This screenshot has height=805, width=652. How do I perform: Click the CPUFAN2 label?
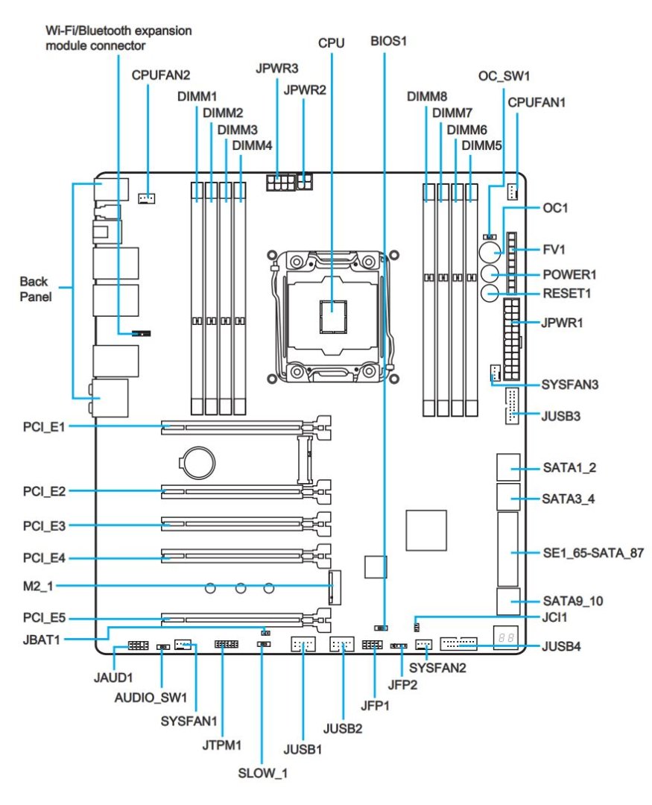pyautogui.click(x=161, y=75)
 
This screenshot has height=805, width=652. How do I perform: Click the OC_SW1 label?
pyautogui.click(x=504, y=76)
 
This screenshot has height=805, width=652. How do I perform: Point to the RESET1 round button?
pyautogui.click(x=490, y=294)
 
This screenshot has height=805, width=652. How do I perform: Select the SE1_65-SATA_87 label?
pyautogui.click(x=593, y=552)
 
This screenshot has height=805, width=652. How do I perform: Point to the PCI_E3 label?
pyautogui.click(x=44, y=525)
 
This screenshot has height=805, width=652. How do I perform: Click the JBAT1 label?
pyautogui.click(x=44, y=638)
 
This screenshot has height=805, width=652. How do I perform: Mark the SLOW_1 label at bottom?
pyautogui.click(x=262, y=773)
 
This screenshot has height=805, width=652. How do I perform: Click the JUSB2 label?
pyautogui.click(x=343, y=727)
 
